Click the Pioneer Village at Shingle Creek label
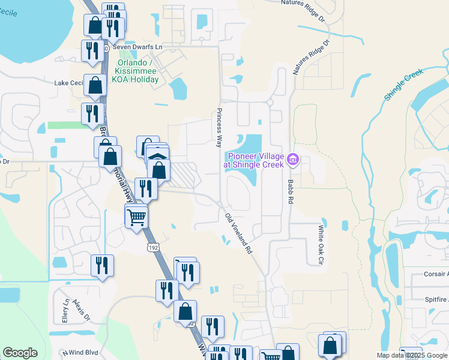[x=253, y=159]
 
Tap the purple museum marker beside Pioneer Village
[x=293, y=159]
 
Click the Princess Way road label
[x=220, y=128]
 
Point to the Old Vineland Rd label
[x=238, y=233]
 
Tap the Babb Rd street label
[x=289, y=190]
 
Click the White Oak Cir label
[x=321, y=245]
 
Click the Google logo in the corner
[x=20, y=353]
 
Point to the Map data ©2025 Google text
[x=411, y=355]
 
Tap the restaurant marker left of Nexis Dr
[x=101, y=265]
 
